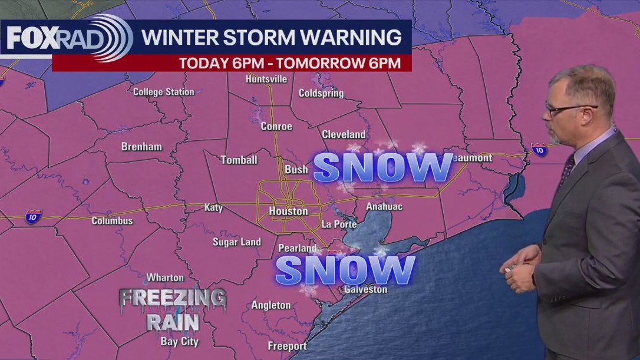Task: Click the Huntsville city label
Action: pos(266,79)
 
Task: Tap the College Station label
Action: pos(163,92)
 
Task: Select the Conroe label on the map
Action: pos(276,126)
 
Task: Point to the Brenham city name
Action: pos(141,147)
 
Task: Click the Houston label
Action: pos(288,211)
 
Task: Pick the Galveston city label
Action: pos(365,289)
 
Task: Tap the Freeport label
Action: pos(287,346)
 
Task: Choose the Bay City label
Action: pos(179,341)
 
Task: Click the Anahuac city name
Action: pos(384,207)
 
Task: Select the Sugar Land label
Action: pos(236,242)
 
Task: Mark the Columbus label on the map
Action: pos(112,221)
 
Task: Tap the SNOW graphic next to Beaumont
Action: pos(382,168)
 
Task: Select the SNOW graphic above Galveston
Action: pos(345,270)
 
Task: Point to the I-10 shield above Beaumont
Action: pos(539,149)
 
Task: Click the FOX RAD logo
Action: pos(65,38)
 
